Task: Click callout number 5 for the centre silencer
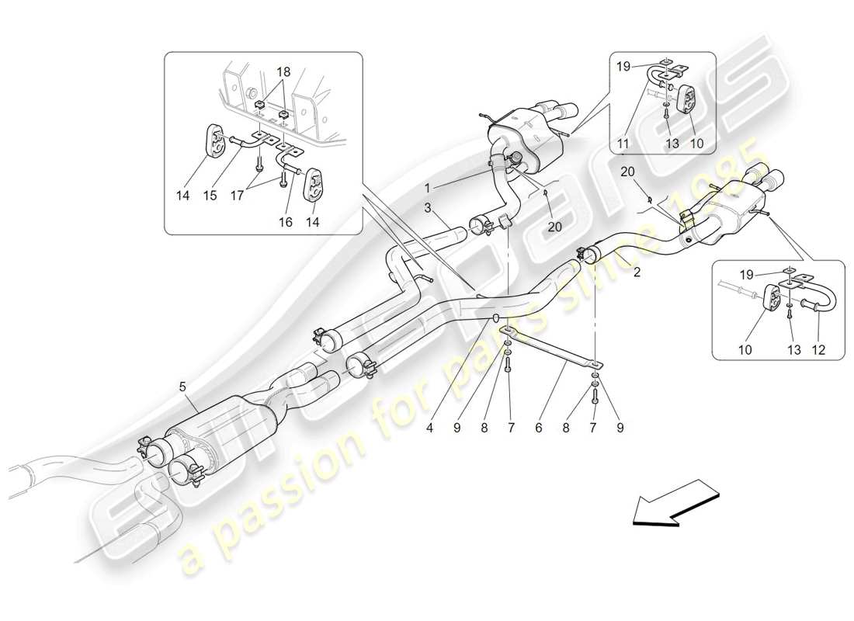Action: (x=183, y=385)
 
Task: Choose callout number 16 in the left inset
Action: (x=286, y=221)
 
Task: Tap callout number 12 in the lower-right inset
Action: (x=817, y=350)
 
